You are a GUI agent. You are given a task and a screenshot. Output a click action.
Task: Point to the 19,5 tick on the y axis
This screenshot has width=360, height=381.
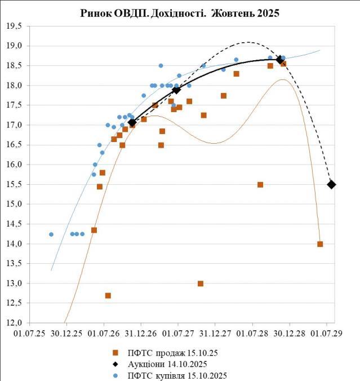(x=14, y=26)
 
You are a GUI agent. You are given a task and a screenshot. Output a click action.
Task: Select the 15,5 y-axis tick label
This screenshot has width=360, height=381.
(x=14, y=184)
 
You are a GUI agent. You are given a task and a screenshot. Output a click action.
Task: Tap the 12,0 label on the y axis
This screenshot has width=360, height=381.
(x=14, y=323)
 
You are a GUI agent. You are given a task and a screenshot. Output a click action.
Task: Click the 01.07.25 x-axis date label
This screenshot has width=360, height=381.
(x=29, y=334)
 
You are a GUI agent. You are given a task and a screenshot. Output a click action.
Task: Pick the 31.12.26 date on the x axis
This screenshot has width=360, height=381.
(x=140, y=334)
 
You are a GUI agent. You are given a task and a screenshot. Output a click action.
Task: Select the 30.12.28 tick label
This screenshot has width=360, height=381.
(x=290, y=334)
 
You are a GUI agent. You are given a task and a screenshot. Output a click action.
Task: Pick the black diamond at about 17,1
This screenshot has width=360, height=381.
(x=132, y=122)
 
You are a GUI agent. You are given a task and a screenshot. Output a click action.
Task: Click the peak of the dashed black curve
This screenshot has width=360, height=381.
(x=248, y=42)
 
